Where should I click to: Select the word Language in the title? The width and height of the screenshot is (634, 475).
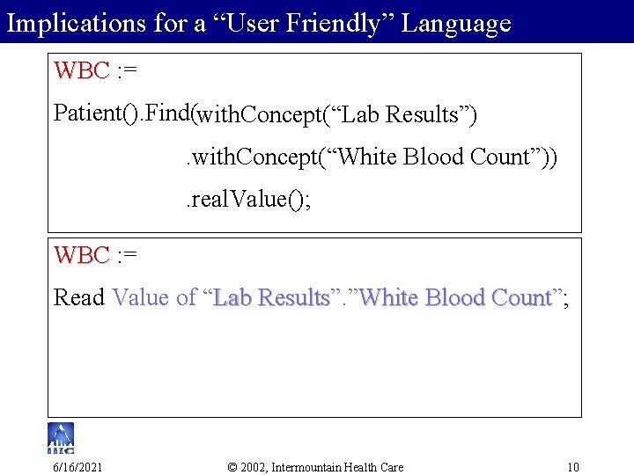click(x=456, y=24)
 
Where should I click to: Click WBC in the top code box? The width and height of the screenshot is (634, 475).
click(x=82, y=70)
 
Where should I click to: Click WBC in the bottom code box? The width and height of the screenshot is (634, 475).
click(x=82, y=255)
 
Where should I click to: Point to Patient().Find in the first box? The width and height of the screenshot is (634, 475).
click(x=122, y=113)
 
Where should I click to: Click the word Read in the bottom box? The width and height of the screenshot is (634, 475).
click(x=79, y=298)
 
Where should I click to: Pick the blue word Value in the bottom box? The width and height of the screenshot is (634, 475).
click(x=142, y=298)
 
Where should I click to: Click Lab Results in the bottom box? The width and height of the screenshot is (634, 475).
click(x=271, y=298)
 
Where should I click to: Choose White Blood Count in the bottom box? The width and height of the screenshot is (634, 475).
click(x=455, y=298)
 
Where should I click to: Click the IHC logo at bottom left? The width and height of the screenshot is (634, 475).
click(x=61, y=438)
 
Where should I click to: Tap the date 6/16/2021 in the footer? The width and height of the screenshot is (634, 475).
click(x=77, y=466)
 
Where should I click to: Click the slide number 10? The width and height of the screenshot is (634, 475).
click(x=572, y=466)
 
